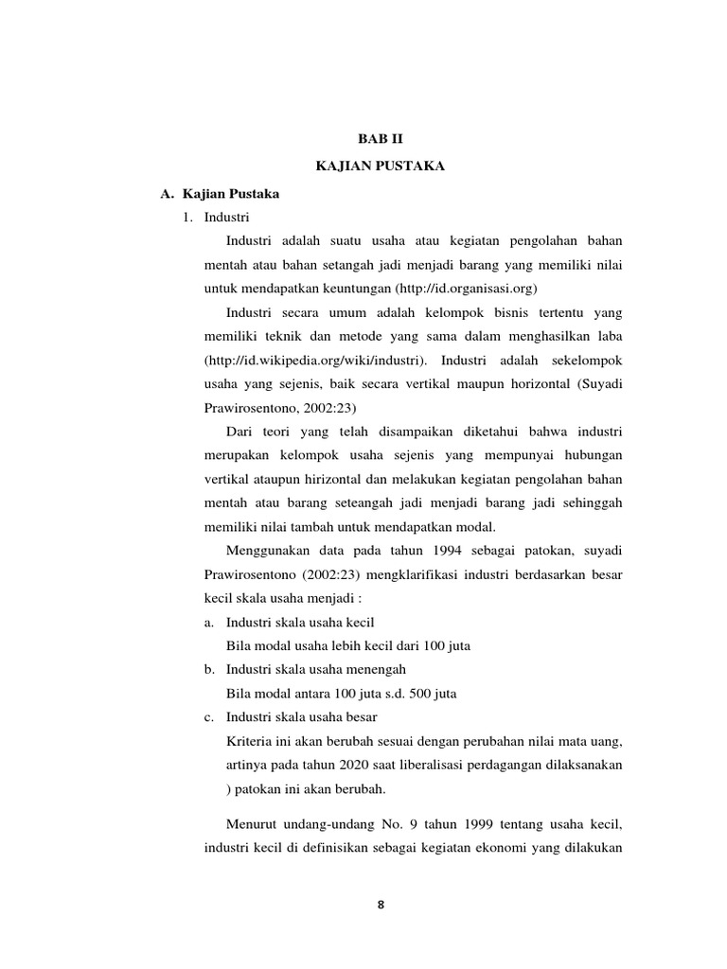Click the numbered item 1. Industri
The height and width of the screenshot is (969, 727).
[217, 218]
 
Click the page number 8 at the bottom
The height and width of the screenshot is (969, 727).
[381, 905]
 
